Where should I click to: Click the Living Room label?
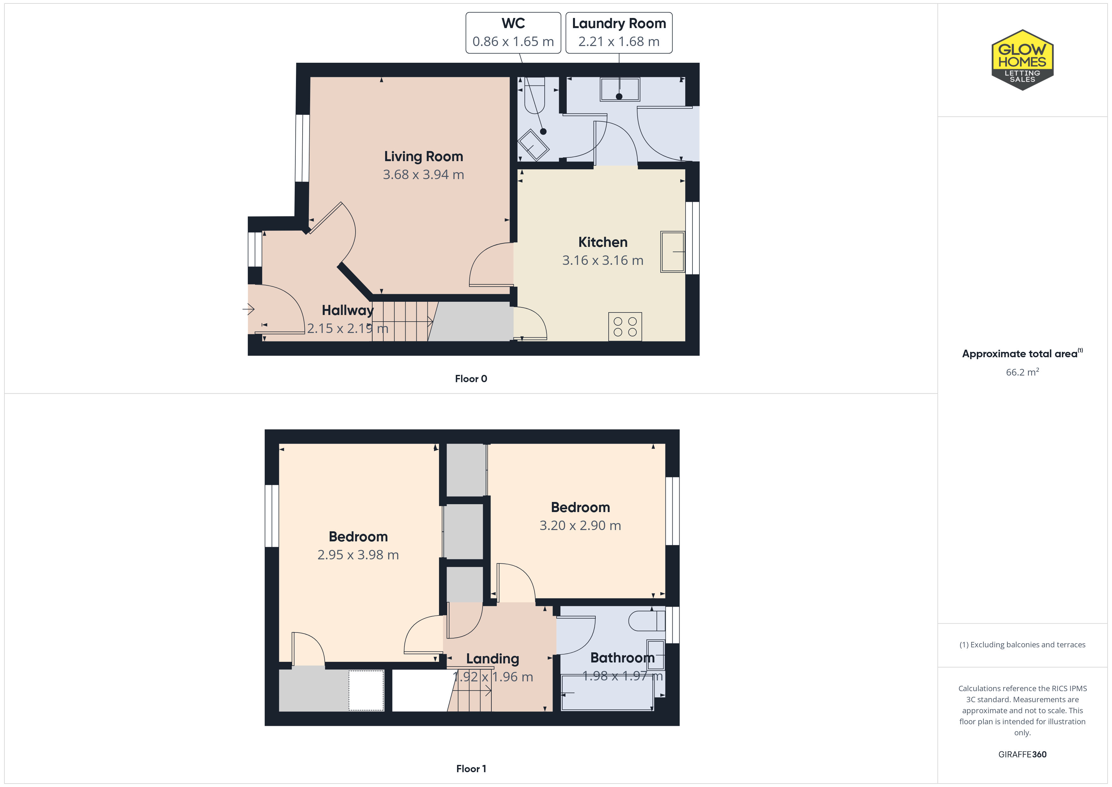(423, 156)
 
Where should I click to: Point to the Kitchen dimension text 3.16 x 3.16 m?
(603, 260)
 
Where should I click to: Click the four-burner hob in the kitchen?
(625, 327)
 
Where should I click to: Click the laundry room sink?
(619, 89)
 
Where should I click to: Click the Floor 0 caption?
(471, 378)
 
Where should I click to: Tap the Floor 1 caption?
(471, 769)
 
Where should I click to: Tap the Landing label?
(493, 659)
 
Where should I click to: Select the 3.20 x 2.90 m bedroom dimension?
(580, 525)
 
